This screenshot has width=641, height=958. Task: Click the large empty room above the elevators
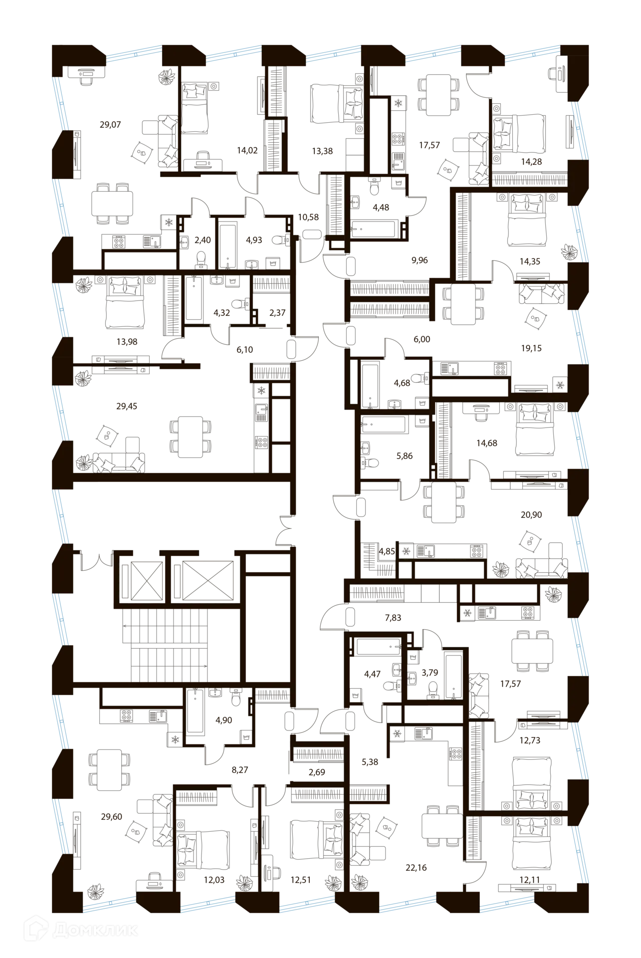[x=175, y=514]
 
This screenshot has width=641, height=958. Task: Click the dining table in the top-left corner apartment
[x=112, y=204]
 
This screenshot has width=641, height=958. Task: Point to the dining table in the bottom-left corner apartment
[x=109, y=771]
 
